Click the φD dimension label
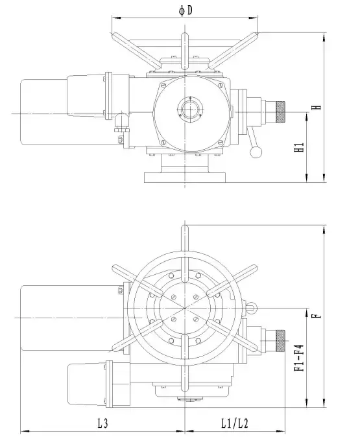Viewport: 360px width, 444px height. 186,11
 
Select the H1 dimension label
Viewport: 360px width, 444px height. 299,147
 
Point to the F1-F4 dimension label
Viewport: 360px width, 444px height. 299,358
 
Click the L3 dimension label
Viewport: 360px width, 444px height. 103,424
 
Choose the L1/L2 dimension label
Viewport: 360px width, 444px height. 235,424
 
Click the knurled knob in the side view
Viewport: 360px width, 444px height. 281,112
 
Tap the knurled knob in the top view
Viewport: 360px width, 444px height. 281,341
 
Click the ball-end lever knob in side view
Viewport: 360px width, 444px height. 256,152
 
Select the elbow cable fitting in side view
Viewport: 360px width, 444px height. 121,122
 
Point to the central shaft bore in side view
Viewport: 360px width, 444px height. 190,109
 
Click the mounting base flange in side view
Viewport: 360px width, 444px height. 185,177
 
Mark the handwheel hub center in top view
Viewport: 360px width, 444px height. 185,307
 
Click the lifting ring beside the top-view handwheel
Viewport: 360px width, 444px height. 251,308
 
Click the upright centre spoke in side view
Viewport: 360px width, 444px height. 185,51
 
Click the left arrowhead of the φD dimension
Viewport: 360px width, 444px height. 116,18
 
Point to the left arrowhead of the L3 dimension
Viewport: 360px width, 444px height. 25,432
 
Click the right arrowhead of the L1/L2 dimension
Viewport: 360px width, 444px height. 281,432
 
